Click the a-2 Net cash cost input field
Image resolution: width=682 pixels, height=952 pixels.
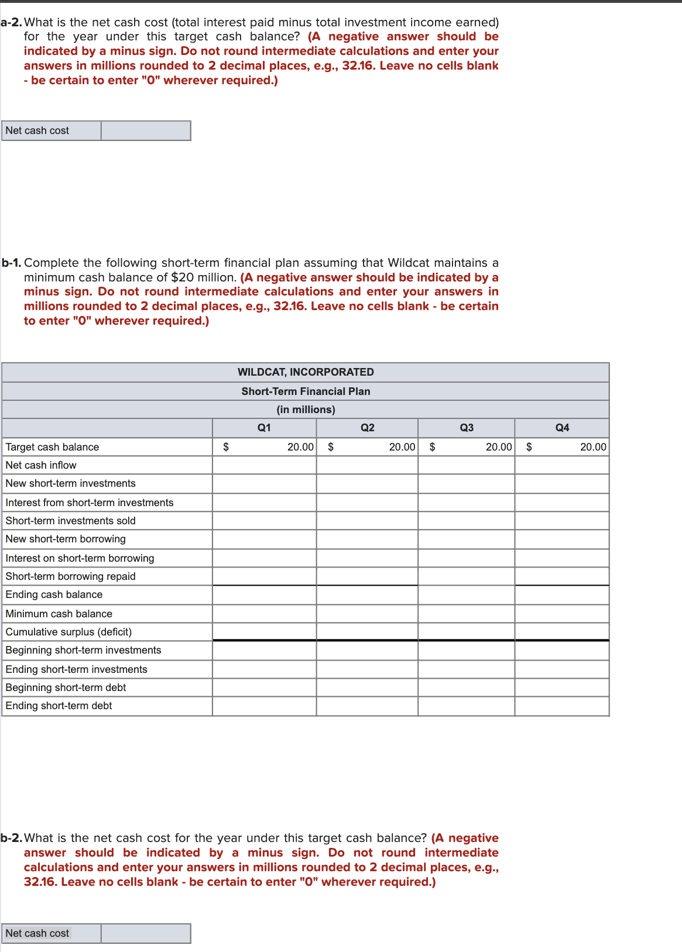click(x=146, y=130)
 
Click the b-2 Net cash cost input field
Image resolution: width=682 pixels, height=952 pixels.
click(x=146, y=933)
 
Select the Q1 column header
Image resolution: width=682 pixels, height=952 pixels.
click(x=264, y=428)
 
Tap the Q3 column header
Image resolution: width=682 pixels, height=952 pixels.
click(x=467, y=428)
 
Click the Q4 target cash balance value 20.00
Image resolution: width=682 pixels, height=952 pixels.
click(x=593, y=447)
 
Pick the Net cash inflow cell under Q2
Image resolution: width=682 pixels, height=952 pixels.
click(x=367, y=465)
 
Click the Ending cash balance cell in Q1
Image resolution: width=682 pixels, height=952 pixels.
click(x=264, y=595)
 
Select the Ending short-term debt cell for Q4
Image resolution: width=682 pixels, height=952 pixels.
click(x=562, y=706)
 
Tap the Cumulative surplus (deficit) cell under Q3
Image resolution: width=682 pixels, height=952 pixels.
click(x=467, y=632)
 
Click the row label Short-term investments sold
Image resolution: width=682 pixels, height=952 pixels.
click(x=70, y=521)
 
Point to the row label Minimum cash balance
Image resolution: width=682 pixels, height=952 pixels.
click(x=59, y=614)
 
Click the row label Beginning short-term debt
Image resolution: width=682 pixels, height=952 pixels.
click(x=66, y=688)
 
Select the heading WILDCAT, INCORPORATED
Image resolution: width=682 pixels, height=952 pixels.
click(x=306, y=372)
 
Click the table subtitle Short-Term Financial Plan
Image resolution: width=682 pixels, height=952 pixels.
click(x=306, y=391)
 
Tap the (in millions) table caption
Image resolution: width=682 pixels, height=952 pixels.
click(x=306, y=410)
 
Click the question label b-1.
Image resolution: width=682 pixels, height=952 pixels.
click(x=11, y=263)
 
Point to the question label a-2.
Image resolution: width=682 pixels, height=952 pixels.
click(x=11, y=22)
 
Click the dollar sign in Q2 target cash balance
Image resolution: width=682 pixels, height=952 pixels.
click(x=331, y=447)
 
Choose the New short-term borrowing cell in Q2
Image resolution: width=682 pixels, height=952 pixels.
click(x=367, y=539)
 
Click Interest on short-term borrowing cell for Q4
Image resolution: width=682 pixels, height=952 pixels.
click(x=562, y=558)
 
